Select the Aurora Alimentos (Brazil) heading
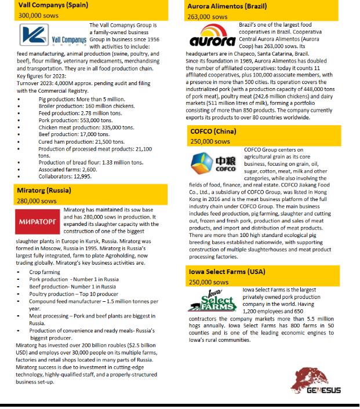(222, 6)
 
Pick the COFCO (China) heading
(212, 132)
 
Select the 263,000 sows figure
(207, 17)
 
